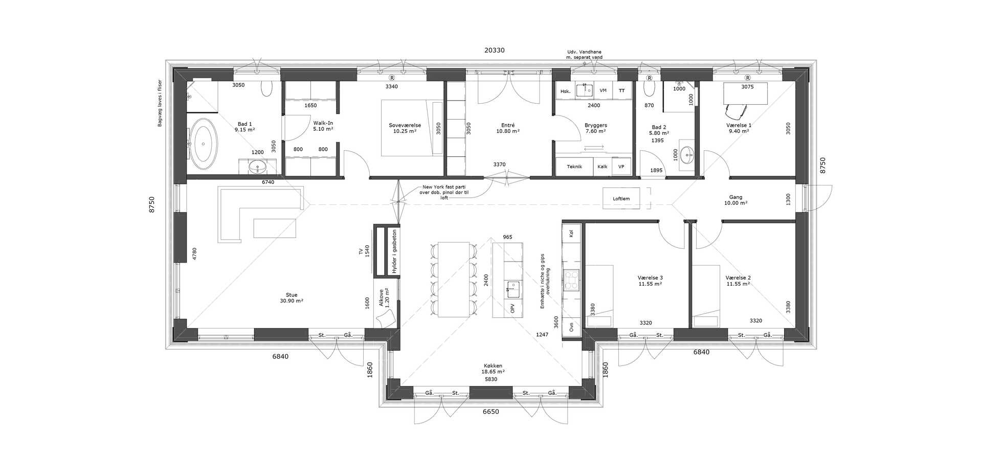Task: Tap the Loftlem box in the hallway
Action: click(x=621, y=198)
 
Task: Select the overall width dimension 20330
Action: click(x=495, y=51)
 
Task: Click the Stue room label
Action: click(x=292, y=295)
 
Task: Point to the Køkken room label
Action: click(x=493, y=366)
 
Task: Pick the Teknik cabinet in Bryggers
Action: click(x=574, y=167)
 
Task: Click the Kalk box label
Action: click(x=602, y=167)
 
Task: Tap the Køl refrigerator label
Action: click(x=571, y=233)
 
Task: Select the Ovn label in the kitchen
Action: click(x=571, y=327)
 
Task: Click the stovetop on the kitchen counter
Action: click(x=571, y=280)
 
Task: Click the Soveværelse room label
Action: click(x=405, y=125)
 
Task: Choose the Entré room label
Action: click(x=508, y=125)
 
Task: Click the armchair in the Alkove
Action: click(x=385, y=319)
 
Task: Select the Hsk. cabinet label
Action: click(x=565, y=91)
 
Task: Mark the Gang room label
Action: click(x=735, y=197)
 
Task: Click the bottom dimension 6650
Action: click(x=491, y=412)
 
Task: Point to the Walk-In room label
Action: click(x=323, y=123)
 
